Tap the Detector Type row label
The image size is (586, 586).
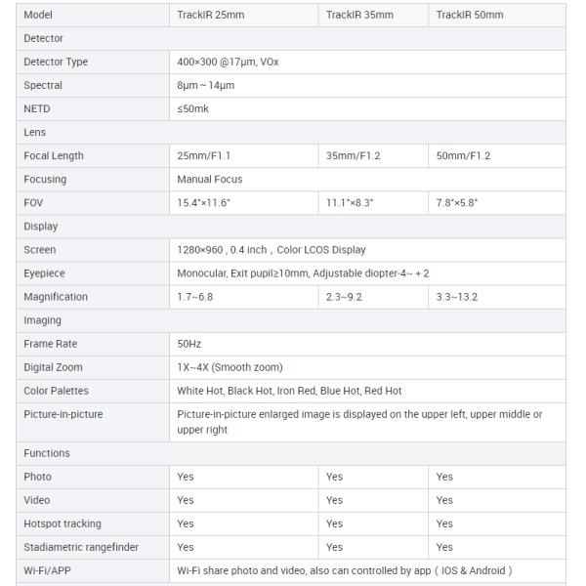coord(56,62)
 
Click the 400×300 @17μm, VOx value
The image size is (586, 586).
coord(229,62)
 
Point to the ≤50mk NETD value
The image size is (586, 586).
coord(192,108)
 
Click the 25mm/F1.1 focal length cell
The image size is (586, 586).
coord(204,155)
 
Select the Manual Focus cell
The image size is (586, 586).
coord(210,179)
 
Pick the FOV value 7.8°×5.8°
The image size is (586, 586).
coord(457,202)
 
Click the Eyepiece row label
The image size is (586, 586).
coord(44,273)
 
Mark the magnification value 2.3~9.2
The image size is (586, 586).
coord(345,297)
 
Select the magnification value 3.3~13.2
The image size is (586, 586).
coord(457,297)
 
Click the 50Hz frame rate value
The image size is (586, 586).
coord(188,344)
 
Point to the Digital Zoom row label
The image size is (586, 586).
coord(53,367)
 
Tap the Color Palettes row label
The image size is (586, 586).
coord(56,391)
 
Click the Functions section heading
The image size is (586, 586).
coord(47,453)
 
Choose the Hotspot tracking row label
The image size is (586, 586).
coord(62,523)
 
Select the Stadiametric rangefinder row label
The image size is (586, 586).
coord(80,547)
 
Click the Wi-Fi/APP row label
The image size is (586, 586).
coord(48,570)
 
